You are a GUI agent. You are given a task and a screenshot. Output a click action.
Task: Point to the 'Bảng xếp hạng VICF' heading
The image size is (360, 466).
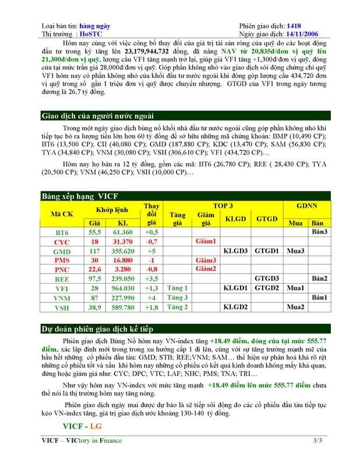pyautogui.click(x=75, y=196)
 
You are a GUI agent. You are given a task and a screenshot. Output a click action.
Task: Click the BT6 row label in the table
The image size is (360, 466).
pyautogui.click(x=61, y=232)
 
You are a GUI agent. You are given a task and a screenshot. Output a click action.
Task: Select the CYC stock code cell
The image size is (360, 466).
pyautogui.click(x=61, y=241)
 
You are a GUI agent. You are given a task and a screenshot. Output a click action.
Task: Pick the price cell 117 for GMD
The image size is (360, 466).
pyautogui.click(x=94, y=251)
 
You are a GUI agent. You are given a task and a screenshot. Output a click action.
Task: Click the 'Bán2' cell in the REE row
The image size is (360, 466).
pyautogui.click(x=317, y=278)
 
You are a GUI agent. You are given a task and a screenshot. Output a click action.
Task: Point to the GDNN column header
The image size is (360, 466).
pyautogui.click(x=306, y=206)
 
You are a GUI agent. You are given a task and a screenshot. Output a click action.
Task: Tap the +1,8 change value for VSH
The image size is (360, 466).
pyautogui.click(x=152, y=307)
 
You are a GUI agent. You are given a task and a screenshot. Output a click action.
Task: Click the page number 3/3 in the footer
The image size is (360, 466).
pyautogui.click(x=317, y=441)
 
